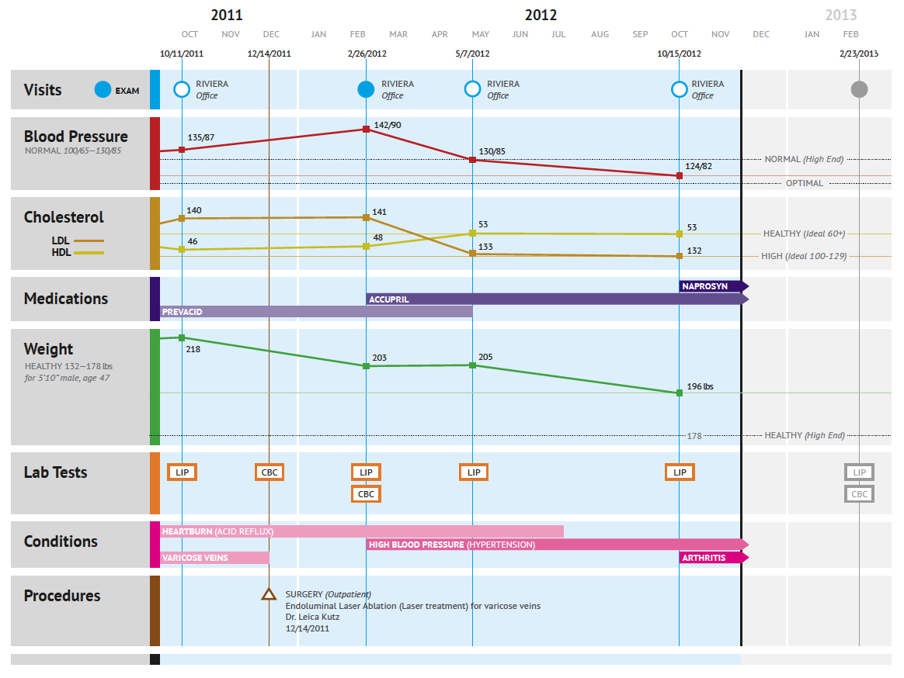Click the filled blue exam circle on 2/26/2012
point(366,89)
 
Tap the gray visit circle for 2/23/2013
point(859,89)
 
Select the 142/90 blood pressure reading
point(388,125)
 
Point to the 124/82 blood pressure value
point(699,166)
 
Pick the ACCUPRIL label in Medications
point(389,299)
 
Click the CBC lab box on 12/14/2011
point(269,472)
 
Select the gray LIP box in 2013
point(859,472)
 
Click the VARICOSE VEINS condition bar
point(214,557)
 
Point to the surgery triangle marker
point(269,594)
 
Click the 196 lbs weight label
point(700,386)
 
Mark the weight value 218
point(193,350)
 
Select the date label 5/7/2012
point(472,54)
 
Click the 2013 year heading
point(841,15)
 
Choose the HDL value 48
point(377,237)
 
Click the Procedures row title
point(62,596)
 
